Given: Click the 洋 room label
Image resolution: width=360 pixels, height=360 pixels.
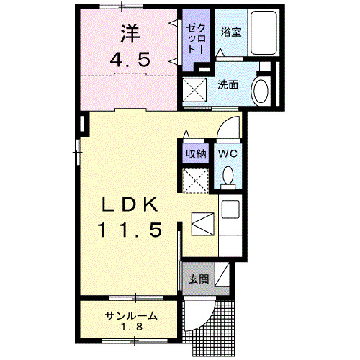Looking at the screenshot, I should (x=130, y=33).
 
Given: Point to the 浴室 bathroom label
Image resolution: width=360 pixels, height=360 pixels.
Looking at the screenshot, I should (x=230, y=32).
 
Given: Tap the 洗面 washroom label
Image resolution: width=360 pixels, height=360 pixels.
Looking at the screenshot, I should (x=228, y=85).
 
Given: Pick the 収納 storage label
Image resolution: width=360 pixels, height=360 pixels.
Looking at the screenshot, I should (x=196, y=153).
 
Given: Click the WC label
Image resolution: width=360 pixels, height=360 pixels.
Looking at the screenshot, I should (x=229, y=153).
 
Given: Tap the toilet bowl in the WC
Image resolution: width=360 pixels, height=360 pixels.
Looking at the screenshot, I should (x=229, y=175).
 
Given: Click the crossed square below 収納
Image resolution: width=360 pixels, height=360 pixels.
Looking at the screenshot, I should (x=195, y=179).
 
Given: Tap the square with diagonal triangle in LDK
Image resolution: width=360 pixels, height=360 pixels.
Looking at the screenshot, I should (x=203, y=223).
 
